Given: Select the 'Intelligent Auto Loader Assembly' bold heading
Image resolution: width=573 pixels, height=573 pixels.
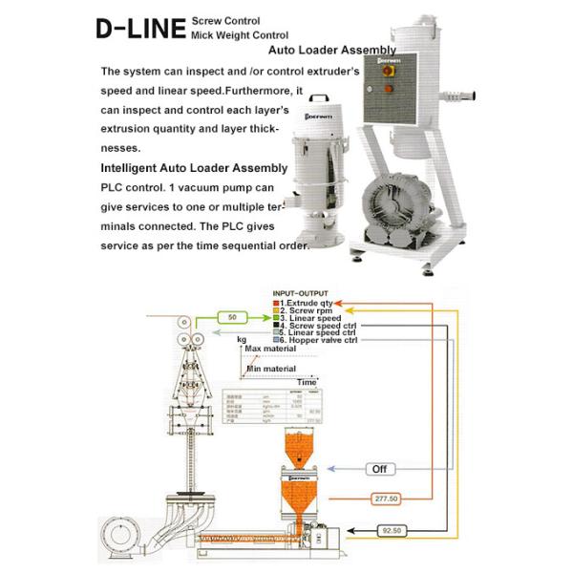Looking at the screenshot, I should [x=193, y=166].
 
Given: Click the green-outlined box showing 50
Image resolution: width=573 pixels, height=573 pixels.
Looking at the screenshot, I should [x=232, y=315].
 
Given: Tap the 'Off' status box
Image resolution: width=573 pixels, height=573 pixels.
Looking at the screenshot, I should [x=380, y=469].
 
